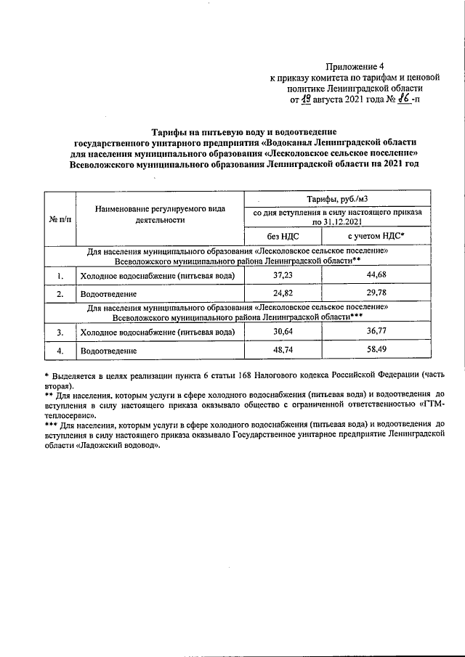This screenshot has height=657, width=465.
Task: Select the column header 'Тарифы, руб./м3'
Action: pyautogui.click(x=336, y=200)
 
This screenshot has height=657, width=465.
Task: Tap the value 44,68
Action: pyautogui.click(x=376, y=276)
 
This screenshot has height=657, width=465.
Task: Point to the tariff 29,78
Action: pyautogui.click(x=376, y=294)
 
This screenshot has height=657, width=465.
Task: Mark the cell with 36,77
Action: pyautogui.click(x=376, y=332)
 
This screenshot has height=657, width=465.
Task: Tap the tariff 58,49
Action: pyautogui.click(x=376, y=350)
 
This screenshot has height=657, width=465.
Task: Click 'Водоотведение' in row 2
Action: pyautogui.click(x=109, y=295)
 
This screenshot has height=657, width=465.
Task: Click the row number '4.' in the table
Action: pyautogui.click(x=60, y=351)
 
